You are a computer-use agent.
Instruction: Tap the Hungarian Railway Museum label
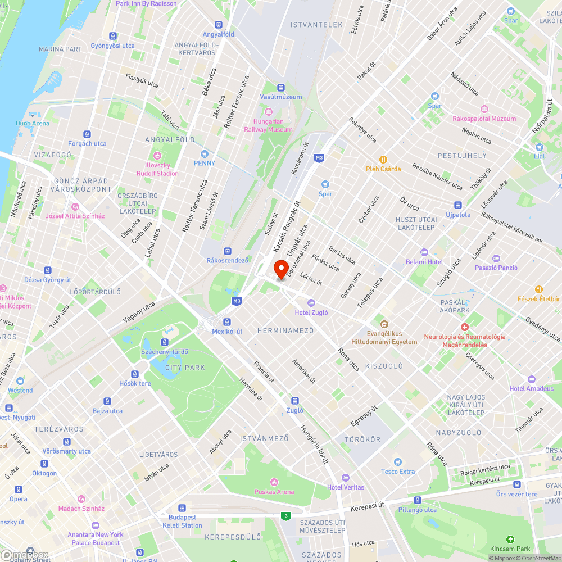pos(268,125)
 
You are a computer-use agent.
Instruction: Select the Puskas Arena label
pos(274,492)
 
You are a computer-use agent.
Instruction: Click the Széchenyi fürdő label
pos(165,352)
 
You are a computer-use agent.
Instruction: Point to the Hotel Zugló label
pos(311,312)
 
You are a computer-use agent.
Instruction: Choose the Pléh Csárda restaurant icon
pos(383,159)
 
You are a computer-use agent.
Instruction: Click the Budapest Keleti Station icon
pos(182,507)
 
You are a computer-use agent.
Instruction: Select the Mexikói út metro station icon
pos(226,322)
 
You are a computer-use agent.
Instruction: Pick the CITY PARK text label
pos(185,368)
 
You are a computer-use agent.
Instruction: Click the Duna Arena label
pos(33,123)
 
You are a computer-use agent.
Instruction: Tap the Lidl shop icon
pos(539,147)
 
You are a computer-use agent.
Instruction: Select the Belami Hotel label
pos(424,262)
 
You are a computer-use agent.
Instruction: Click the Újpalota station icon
pos(458,206)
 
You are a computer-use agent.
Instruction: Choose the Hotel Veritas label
pos(346,487)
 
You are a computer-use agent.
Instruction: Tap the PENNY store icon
pos(204,153)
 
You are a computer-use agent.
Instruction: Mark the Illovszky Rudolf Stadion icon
pos(157,155)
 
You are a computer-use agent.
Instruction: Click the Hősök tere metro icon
pos(135,374)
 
